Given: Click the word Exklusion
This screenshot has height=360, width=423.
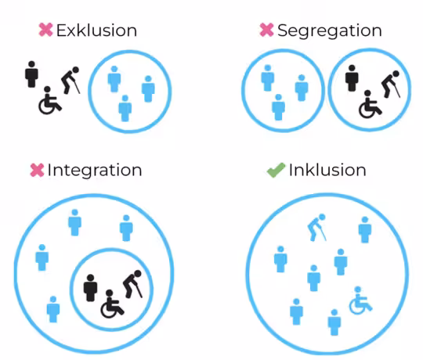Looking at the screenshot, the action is [x=96, y=31].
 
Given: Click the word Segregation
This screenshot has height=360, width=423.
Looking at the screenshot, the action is [x=330, y=31].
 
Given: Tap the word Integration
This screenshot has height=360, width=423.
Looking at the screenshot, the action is [x=95, y=171].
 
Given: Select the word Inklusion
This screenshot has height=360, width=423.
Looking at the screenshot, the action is [x=327, y=170].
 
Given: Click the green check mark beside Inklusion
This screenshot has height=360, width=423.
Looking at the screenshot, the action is [x=276, y=170].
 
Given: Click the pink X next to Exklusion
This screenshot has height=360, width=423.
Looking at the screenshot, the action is [x=45, y=30].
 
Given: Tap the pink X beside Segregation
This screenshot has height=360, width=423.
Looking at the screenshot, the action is [x=266, y=30].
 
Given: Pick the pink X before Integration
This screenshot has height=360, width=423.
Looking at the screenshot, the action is [x=37, y=170].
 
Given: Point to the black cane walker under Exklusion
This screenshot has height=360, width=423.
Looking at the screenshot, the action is [x=70, y=81].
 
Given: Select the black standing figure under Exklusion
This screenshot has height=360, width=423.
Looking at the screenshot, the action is [x=31, y=74].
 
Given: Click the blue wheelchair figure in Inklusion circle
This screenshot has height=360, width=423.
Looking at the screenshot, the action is [x=360, y=301].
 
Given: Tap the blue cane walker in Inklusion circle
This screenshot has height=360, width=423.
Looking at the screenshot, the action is [x=317, y=228].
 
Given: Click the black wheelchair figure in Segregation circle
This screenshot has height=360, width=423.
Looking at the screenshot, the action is [x=370, y=104].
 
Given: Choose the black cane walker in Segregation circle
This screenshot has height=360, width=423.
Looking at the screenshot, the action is [x=391, y=84].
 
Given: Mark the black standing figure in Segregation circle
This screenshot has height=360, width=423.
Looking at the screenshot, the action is [x=352, y=78].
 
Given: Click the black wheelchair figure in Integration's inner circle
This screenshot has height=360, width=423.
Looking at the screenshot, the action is [x=112, y=304].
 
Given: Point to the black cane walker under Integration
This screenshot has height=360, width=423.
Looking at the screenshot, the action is [x=132, y=284].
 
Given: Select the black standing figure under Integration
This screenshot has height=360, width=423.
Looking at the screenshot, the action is [x=90, y=288].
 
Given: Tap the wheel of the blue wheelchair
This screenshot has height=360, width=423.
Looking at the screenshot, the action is [x=357, y=306].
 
